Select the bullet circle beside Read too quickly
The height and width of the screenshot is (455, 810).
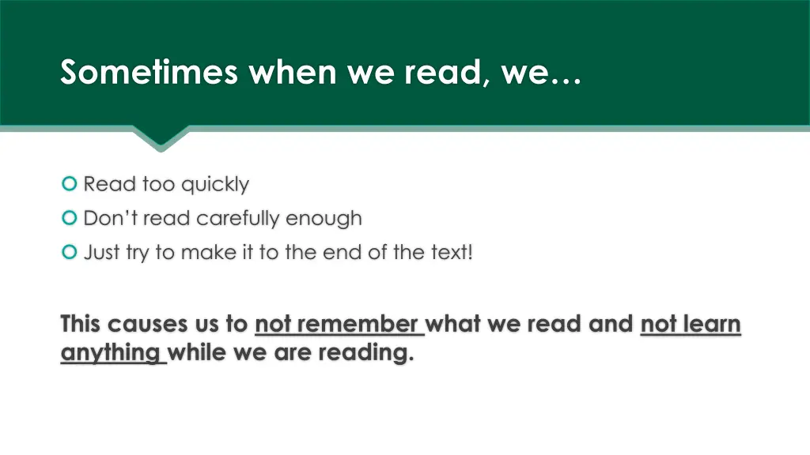click(69, 184)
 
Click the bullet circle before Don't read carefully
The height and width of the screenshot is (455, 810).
click(69, 217)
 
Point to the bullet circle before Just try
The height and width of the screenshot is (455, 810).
click(69, 252)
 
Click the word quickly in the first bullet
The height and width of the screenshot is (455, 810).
click(214, 185)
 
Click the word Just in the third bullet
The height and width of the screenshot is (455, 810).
click(101, 253)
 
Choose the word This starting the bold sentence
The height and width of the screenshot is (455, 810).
click(80, 325)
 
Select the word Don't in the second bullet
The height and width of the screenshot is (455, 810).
click(111, 218)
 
